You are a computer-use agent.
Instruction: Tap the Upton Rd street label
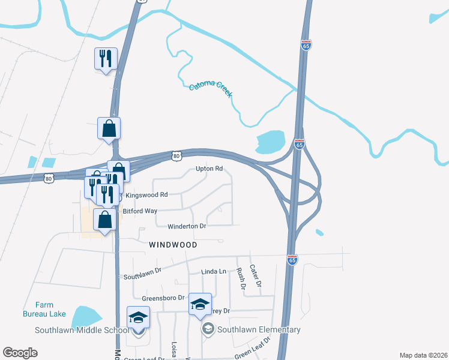(209, 169)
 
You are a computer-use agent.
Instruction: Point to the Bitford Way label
(140, 211)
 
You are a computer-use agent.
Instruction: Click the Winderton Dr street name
(187, 226)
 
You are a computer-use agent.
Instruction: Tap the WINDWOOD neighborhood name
(173, 245)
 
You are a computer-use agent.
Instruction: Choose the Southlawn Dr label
(143, 274)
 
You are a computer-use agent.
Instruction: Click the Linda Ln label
(214, 272)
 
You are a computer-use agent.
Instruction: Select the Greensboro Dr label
(162, 298)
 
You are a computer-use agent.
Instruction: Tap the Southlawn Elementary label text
(259, 329)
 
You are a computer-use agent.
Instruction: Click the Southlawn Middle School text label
(82, 330)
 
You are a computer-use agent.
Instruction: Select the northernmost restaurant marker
(106, 59)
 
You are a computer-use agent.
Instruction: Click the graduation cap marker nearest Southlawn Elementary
(200, 304)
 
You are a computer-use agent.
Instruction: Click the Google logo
(20, 353)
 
